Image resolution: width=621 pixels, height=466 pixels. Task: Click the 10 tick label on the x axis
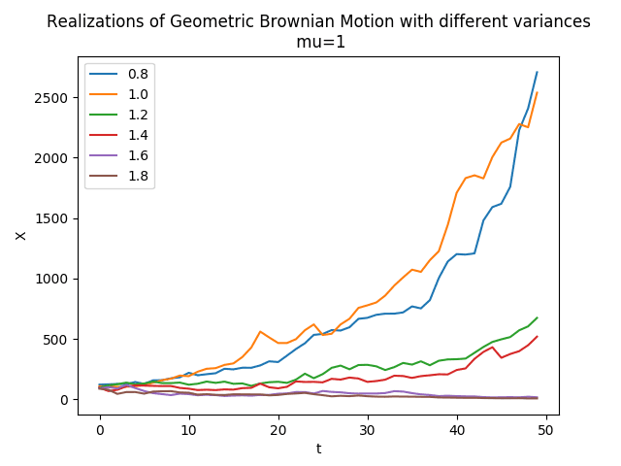(188, 430)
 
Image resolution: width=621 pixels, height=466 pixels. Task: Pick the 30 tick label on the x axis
(367, 430)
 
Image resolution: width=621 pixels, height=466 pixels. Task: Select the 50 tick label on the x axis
(546, 430)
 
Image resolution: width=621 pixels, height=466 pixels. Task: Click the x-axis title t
(318, 449)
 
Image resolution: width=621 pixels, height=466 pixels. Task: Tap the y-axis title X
(20, 234)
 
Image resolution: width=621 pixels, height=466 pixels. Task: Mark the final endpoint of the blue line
(537, 72)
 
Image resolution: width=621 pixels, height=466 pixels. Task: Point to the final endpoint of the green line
(537, 317)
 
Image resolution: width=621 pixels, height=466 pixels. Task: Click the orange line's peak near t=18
(260, 331)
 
